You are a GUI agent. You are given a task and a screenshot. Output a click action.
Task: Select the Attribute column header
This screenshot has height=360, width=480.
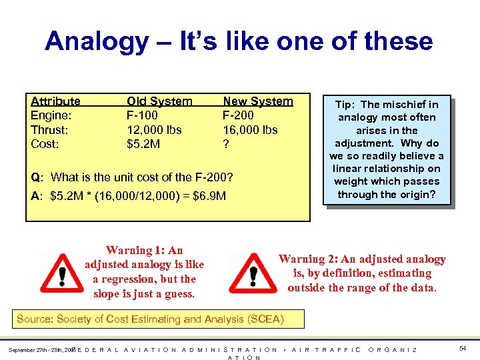tap(55, 101)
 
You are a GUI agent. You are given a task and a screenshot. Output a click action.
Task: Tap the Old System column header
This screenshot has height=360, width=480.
tap(159, 101)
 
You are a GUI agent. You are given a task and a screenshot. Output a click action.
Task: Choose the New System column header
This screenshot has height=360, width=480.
tap(257, 101)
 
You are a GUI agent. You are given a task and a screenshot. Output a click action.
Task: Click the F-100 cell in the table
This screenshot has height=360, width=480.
tap(143, 115)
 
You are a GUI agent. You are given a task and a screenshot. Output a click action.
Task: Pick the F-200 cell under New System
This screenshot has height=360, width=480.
tap(238, 115)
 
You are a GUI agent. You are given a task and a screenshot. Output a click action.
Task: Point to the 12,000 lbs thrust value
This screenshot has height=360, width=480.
tap(154, 129)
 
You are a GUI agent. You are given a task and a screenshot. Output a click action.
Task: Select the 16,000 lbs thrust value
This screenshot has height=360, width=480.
tap(250, 129)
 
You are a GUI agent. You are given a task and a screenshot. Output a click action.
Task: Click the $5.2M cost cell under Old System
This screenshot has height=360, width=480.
tap(143, 143)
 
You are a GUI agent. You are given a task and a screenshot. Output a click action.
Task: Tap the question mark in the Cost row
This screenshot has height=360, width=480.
tap(226, 143)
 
